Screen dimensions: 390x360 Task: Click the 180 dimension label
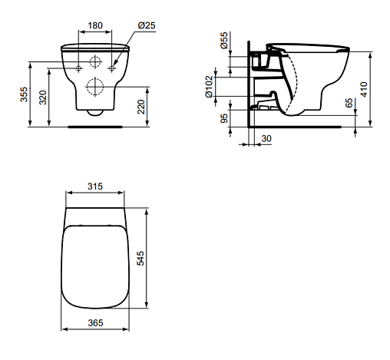point(95,25)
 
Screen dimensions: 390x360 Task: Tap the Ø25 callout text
point(147,25)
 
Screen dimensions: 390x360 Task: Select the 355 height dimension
point(24,94)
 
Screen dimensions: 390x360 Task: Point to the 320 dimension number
point(43,97)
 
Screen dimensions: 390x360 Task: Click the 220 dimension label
point(141,107)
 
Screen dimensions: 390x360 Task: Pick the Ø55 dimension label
point(223,40)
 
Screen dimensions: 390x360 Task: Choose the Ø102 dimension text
point(209,87)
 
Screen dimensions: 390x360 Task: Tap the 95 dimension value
point(224,118)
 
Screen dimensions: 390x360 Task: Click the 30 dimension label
point(266,139)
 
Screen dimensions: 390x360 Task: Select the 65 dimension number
point(349,103)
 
